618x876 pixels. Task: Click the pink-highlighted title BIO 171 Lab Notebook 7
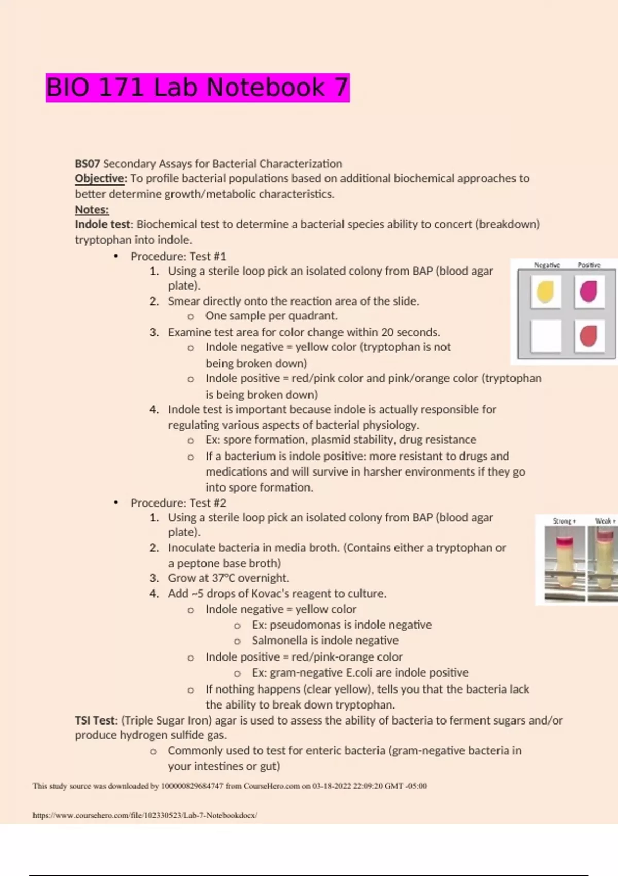tap(197, 87)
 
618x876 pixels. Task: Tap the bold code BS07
tap(88, 163)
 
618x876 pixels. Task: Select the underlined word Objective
tap(100, 179)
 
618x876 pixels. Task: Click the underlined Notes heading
tap(92, 210)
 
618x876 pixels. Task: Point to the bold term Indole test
tap(102, 225)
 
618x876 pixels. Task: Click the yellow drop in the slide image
tap(545, 292)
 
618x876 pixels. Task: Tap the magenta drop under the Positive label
tap(589, 292)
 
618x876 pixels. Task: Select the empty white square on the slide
tap(546, 336)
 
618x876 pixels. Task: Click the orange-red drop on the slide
tap(589, 336)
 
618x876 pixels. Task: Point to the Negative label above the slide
tap(547, 265)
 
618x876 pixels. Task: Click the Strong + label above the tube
tap(564, 521)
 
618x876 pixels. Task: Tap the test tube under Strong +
tap(564, 563)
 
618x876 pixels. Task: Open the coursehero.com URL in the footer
tap(145, 815)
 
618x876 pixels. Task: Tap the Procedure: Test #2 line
tap(178, 503)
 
